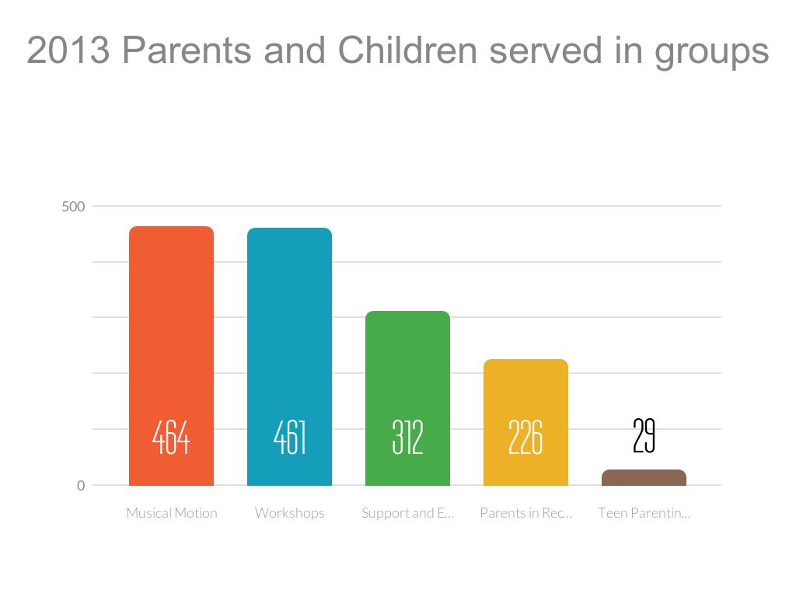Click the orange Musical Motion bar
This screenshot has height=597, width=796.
(171, 326)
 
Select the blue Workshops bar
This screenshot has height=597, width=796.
(289, 326)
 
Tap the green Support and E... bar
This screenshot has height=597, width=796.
(407, 365)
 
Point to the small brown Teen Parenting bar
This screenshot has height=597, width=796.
(644, 478)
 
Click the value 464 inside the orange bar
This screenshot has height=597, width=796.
(171, 438)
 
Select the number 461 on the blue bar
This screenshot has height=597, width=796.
(289, 438)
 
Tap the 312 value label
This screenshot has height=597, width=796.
(407, 438)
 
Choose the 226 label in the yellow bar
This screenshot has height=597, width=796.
(525, 438)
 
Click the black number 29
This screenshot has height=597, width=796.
(644, 436)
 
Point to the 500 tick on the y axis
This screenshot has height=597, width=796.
(73, 207)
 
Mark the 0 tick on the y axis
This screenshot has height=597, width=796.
(81, 486)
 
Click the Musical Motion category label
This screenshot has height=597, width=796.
(172, 513)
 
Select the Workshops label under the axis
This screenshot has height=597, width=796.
(289, 513)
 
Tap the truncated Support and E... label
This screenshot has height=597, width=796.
(407, 513)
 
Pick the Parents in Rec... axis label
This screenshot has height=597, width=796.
(525, 513)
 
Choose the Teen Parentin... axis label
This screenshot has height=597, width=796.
(644, 513)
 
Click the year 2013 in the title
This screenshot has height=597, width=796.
(68, 51)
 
